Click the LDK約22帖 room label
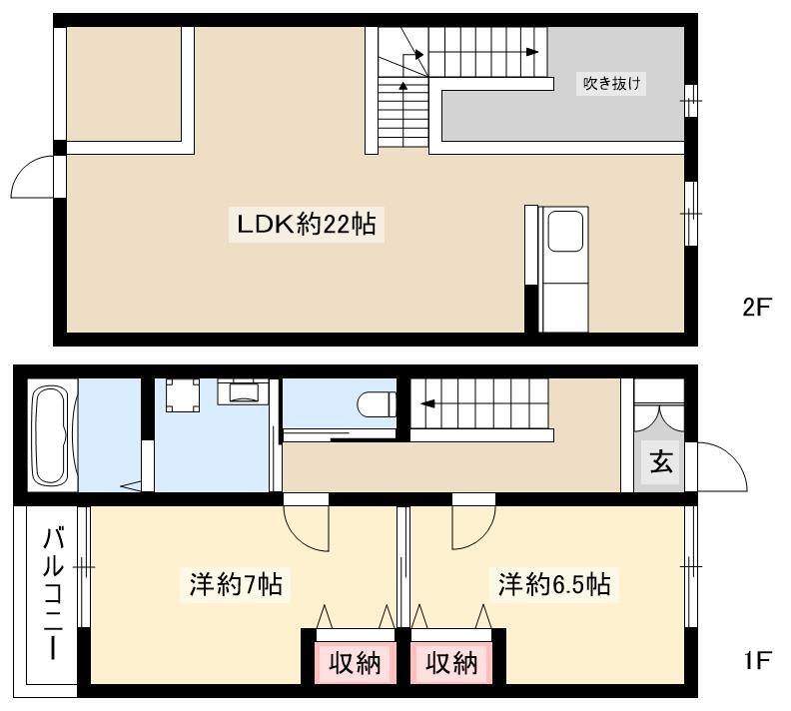click(307, 225)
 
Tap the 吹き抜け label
click(611, 83)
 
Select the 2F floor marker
click(757, 307)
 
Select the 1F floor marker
click(758, 661)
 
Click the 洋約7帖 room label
click(236, 584)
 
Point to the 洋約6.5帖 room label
click(554, 584)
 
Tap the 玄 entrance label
click(661, 461)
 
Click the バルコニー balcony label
click(54, 593)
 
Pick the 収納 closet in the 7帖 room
click(355, 663)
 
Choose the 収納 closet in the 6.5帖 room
click(451, 663)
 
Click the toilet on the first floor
click(377, 403)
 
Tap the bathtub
click(50, 435)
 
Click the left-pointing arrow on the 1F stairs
click(427, 403)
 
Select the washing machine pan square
click(182, 395)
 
